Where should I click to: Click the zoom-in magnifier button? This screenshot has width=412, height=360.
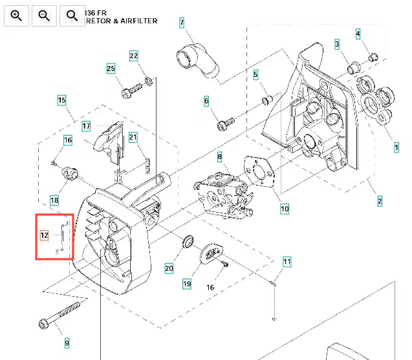point(16,15)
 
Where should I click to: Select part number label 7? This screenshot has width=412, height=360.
point(182,23)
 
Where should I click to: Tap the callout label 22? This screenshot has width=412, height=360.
point(134,56)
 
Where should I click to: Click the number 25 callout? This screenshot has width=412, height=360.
point(111,69)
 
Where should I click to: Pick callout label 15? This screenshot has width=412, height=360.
point(61,100)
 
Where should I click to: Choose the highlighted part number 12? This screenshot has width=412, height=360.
point(44,235)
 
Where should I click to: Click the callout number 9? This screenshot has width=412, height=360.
point(66,343)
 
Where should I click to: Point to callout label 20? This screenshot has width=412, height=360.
point(169,268)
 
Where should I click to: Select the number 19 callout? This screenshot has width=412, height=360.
point(187,283)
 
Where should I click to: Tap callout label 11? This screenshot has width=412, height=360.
point(287,262)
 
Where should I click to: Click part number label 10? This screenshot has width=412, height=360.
point(285,209)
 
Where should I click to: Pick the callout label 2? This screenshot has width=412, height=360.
point(380,201)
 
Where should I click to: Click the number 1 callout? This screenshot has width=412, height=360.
point(396,147)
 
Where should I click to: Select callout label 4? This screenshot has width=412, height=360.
point(358,33)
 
